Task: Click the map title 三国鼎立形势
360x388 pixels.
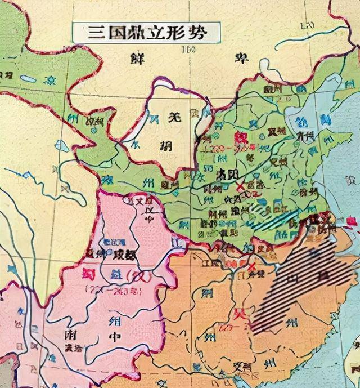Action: click(147, 32)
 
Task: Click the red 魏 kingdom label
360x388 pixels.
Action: click(241, 138)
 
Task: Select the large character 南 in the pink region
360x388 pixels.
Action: click(66, 336)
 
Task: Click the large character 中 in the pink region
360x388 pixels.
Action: click(116, 340)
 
